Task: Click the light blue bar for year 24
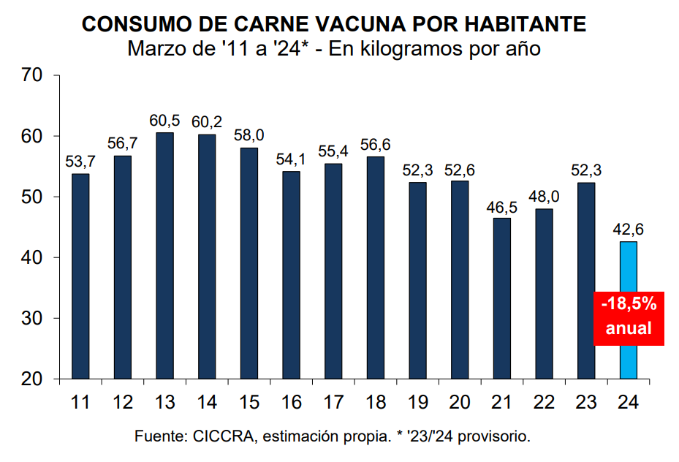click(x=629, y=358)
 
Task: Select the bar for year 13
click(x=165, y=256)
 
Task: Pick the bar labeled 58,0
click(x=249, y=263)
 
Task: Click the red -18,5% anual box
click(x=629, y=316)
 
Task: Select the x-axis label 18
click(x=376, y=401)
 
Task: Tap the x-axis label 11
click(x=81, y=401)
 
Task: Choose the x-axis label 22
click(x=545, y=401)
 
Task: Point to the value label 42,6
click(x=629, y=230)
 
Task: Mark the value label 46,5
click(x=502, y=206)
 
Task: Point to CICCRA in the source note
click(x=225, y=436)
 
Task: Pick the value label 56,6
click(x=376, y=145)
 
